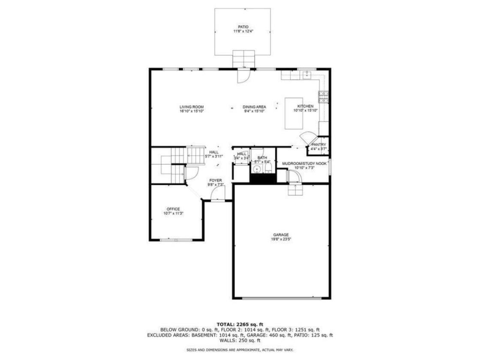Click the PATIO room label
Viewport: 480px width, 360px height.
(x=243, y=27)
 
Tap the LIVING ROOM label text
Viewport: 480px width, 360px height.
(x=192, y=107)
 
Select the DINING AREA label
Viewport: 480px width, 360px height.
(x=255, y=107)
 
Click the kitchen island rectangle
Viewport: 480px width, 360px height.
(x=294, y=114)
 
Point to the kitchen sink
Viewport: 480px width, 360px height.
(x=306, y=74)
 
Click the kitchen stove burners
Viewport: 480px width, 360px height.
(x=324, y=97)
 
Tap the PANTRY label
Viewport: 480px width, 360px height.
(x=319, y=144)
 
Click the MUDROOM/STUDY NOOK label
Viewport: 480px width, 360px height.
(x=304, y=163)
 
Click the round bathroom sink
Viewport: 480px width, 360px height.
(x=256, y=168)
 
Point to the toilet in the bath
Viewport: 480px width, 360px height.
(x=268, y=168)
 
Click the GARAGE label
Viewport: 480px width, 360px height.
(x=281, y=235)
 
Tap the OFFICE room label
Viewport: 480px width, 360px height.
(x=173, y=209)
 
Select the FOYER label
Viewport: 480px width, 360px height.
(x=216, y=180)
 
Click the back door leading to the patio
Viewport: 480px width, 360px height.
(x=244, y=75)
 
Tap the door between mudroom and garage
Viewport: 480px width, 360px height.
(x=294, y=177)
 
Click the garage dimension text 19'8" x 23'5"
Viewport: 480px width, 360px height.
(x=281, y=239)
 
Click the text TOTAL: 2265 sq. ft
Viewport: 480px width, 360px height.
(x=240, y=324)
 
